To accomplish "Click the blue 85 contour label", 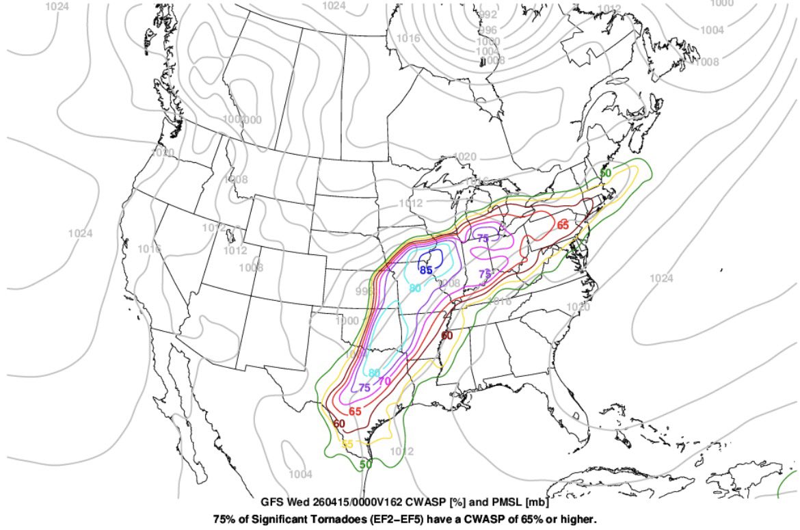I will tap(427, 270).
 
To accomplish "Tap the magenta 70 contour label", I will tap(384, 381).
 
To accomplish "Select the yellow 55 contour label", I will tap(347, 444).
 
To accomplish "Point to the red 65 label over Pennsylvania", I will tap(563, 225).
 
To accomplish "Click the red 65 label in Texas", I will tap(355, 411).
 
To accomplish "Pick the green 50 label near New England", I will tap(605, 173).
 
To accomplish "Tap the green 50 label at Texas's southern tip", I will tap(366, 464).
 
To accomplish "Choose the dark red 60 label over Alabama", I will tap(446, 335).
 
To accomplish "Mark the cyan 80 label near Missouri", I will tap(414, 288).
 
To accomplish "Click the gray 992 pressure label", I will tap(488, 14).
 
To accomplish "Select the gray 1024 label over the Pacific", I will tap(80, 233).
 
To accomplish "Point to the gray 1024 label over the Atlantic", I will tap(661, 278).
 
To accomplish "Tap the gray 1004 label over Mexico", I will tap(301, 474).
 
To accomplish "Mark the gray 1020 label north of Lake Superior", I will tap(465, 157).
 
